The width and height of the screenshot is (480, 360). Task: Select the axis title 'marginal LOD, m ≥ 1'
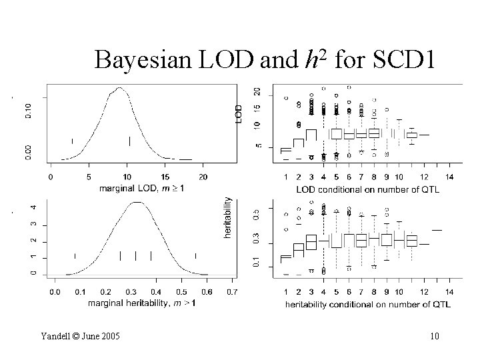click(142, 189)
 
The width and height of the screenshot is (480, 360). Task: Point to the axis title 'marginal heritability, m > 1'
click(142, 303)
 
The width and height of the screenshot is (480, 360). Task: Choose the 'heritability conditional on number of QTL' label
click(367, 304)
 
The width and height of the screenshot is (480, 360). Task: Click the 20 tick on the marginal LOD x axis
click(203, 177)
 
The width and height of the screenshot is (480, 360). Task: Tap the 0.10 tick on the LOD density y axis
click(28, 110)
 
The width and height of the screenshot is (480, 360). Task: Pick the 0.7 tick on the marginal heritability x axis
click(231, 291)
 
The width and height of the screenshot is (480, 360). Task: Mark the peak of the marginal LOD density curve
click(119, 87)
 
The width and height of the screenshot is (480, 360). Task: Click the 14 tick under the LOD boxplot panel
click(449, 177)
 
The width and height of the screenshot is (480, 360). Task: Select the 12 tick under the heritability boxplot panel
click(424, 292)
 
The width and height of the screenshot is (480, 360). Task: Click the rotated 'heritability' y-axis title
click(228, 217)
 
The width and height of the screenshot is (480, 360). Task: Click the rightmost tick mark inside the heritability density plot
click(195, 255)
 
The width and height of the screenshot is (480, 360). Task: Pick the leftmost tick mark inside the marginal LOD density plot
click(72, 141)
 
